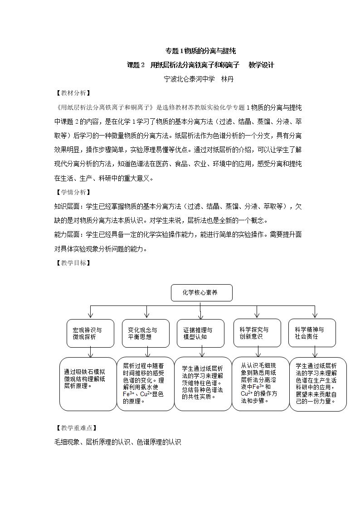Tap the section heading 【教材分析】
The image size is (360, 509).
coord(72,93)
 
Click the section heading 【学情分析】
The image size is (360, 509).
coord(72,192)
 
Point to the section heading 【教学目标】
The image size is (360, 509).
coord(72,262)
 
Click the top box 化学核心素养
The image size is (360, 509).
coord(202,293)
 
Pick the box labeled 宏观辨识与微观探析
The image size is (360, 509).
coord(90,333)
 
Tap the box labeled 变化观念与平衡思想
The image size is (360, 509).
coord(146,333)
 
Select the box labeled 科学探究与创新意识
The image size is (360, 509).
coord(257,333)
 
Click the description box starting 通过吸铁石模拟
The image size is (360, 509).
coord(88,384)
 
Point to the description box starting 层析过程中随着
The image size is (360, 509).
coord(145,384)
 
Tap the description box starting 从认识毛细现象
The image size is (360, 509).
coord(260,384)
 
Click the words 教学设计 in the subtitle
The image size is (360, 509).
coord(261,65)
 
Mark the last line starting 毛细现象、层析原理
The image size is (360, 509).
coord(117,441)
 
